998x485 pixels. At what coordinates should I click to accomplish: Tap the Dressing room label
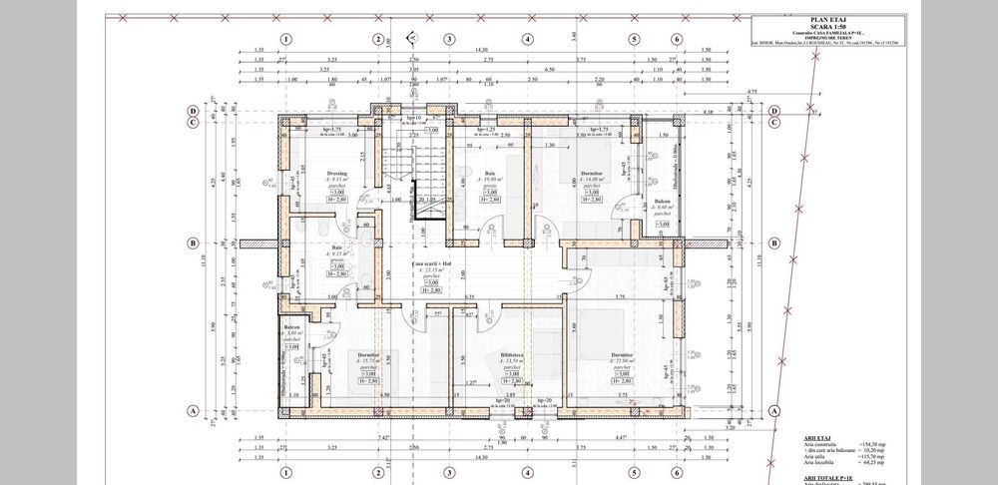(335, 173)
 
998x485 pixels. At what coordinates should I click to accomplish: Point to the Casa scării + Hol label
(431, 262)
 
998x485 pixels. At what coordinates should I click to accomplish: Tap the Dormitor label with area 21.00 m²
(620, 354)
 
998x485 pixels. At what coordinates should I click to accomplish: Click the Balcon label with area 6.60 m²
(662, 199)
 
